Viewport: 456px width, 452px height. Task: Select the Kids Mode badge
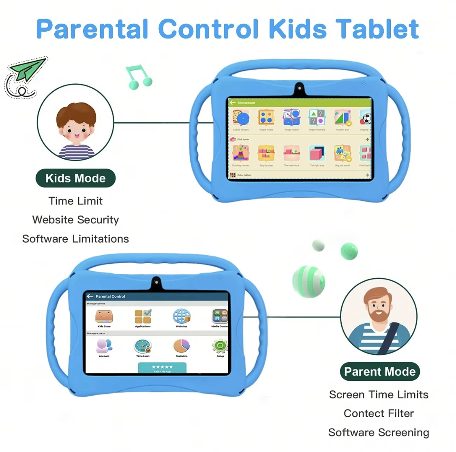(x=75, y=178)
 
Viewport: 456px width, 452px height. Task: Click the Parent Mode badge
(x=380, y=371)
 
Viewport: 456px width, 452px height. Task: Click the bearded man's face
(x=378, y=308)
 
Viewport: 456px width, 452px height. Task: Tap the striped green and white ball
(x=308, y=281)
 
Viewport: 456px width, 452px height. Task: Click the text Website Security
(x=76, y=220)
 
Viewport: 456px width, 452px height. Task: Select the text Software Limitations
(x=76, y=239)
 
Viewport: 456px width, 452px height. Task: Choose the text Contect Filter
(x=379, y=414)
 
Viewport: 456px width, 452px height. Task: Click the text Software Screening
(x=379, y=433)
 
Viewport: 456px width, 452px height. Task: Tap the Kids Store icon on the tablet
(x=104, y=317)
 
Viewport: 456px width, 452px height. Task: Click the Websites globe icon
(x=182, y=316)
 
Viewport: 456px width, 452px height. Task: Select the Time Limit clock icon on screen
(x=143, y=347)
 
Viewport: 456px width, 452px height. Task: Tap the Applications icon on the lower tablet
(x=143, y=317)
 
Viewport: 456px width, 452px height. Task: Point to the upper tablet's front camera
(x=300, y=87)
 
